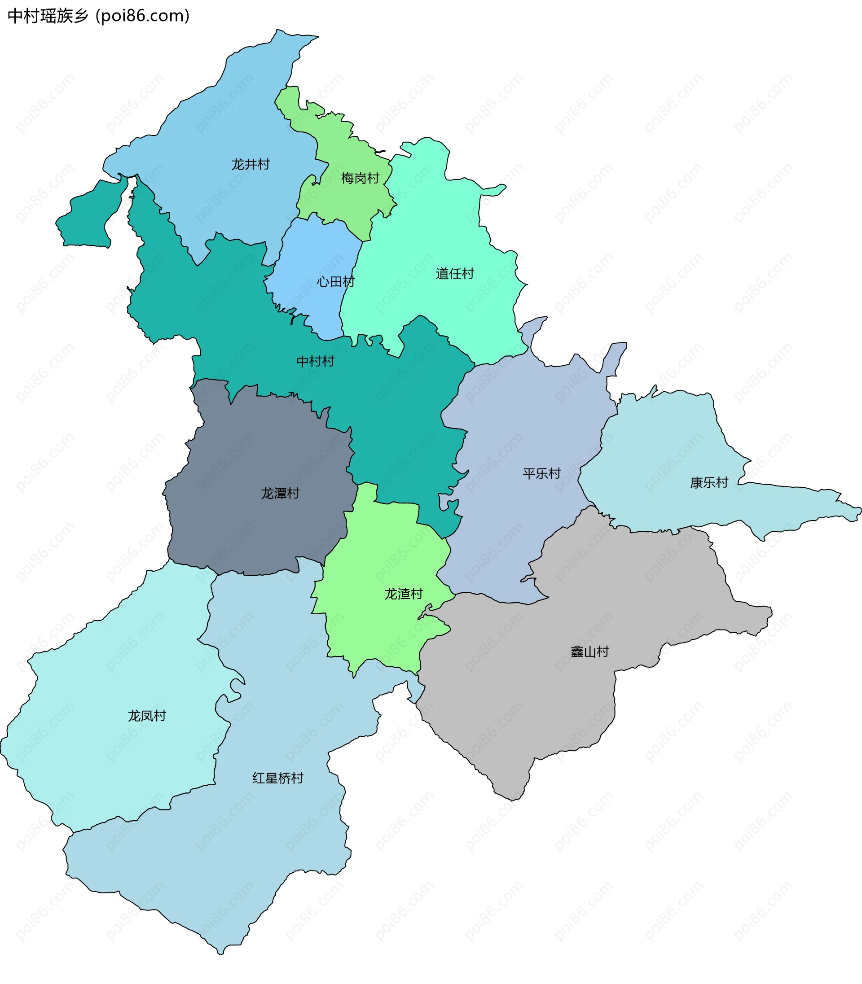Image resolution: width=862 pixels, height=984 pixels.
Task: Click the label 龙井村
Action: (251, 164)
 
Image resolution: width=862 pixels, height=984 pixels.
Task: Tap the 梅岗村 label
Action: (360, 178)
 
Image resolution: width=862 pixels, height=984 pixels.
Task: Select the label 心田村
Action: (335, 282)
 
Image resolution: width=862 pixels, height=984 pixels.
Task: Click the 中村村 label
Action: (315, 361)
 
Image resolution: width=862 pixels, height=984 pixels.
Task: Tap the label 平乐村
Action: (541, 473)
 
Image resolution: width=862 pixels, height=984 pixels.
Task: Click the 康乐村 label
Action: (708, 482)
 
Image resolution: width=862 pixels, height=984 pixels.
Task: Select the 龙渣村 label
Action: (403, 594)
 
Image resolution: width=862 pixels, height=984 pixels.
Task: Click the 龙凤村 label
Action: (147, 716)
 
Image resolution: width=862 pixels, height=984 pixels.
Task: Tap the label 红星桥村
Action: (277, 778)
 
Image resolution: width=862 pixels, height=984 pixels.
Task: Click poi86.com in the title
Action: (143, 16)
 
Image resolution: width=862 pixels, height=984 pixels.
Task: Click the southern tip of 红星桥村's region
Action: (221, 953)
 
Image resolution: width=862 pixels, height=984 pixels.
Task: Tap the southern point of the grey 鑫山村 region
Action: (513, 800)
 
